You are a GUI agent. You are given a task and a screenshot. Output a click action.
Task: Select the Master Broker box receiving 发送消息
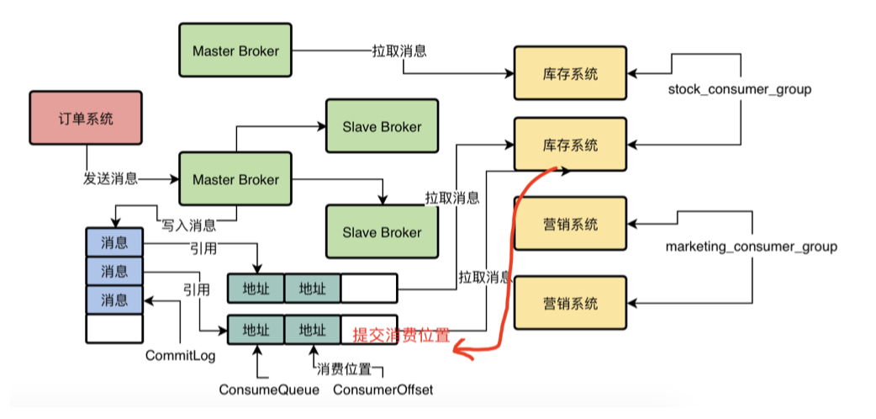pyautogui.click(x=235, y=180)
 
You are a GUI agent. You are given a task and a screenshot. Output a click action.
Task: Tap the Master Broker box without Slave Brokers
pyautogui.click(x=235, y=50)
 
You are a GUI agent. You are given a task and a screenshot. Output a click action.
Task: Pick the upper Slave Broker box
pyautogui.click(x=382, y=127)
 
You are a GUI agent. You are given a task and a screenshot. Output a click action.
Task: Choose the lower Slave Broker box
pyautogui.click(x=382, y=232)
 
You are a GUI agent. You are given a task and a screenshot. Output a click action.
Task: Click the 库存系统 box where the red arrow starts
pyautogui.click(x=570, y=145)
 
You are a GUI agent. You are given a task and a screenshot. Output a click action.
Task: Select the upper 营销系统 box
pyautogui.click(x=570, y=224)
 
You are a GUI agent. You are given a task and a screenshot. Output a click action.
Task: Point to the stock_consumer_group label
pyautogui.click(x=740, y=88)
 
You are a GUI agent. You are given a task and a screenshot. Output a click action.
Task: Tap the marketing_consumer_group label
pyautogui.click(x=751, y=247)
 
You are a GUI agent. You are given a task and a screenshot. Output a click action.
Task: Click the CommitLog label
pyautogui.click(x=180, y=356)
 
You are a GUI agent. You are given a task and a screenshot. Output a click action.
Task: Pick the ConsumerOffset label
pyautogui.click(x=383, y=390)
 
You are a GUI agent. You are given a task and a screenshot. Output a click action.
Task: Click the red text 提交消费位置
pyautogui.click(x=401, y=335)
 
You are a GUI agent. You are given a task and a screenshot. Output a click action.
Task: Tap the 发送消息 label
pyautogui.click(x=110, y=179)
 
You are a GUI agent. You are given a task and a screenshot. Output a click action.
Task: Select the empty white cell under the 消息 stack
pyautogui.click(x=114, y=327)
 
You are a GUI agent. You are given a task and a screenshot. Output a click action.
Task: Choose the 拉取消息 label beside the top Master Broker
pyautogui.click(x=399, y=50)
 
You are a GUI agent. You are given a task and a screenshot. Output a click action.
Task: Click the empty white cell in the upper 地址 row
pyautogui.click(x=368, y=289)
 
